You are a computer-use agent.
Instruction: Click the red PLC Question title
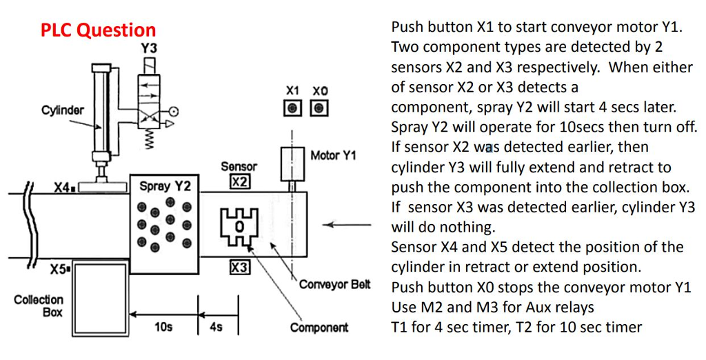click(x=98, y=30)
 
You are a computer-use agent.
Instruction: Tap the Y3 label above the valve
click(x=149, y=48)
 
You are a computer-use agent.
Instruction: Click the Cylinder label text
click(x=63, y=110)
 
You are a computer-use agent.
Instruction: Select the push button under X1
click(x=293, y=108)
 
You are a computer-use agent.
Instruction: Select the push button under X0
click(x=319, y=108)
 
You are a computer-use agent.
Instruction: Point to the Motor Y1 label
click(x=333, y=156)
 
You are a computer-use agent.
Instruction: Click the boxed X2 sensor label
click(x=239, y=182)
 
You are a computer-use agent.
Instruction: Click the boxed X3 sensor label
click(x=239, y=267)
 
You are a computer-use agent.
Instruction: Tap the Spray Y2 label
click(x=164, y=186)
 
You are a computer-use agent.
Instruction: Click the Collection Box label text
click(x=39, y=306)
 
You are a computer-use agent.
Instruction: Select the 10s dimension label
click(x=163, y=327)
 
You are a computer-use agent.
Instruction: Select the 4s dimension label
click(x=216, y=327)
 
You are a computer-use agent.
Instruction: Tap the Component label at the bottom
click(x=319, y=328)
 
